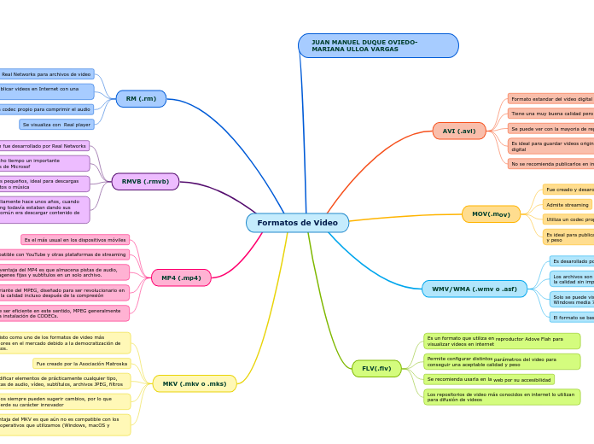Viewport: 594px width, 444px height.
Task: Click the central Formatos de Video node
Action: click(x=297, y=223)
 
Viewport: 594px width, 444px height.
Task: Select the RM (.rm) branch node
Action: click(x=141, y=99)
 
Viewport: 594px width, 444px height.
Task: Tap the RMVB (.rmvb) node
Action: click(x=145, y=182)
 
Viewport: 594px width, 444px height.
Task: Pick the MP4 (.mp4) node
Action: click(x=181, y=277)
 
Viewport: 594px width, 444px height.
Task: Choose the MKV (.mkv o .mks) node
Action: click(x=195, y=384)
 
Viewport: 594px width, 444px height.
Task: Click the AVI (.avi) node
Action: click(x=459, y=131)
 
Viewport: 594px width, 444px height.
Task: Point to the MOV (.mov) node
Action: click(x=491, y=214)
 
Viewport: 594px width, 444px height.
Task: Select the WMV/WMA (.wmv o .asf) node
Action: click(x=474, y=289)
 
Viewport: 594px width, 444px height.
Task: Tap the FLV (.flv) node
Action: click(x=376, y=369)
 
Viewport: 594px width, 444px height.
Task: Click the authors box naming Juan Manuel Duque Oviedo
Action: click(x=378, y=46)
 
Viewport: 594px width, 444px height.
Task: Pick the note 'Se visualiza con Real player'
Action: click(x=56, y=125)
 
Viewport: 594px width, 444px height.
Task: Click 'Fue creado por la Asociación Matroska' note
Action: click(x=82, y=364)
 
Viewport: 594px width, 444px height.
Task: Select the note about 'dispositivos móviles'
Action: click(x=75, y=240)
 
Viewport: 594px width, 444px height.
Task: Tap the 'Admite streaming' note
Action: click(x=567, y=205)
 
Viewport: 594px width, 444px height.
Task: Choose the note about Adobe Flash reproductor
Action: click(x=502, y=341)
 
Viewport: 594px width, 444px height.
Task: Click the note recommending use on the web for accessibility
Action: click(x=489, y=379)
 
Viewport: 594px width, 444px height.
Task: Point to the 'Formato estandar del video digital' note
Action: click(x=550, y=99)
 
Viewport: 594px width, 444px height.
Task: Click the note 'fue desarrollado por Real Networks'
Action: click(x=44, y=146)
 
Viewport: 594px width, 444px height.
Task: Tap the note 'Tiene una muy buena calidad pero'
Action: click(x=550, y=114)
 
